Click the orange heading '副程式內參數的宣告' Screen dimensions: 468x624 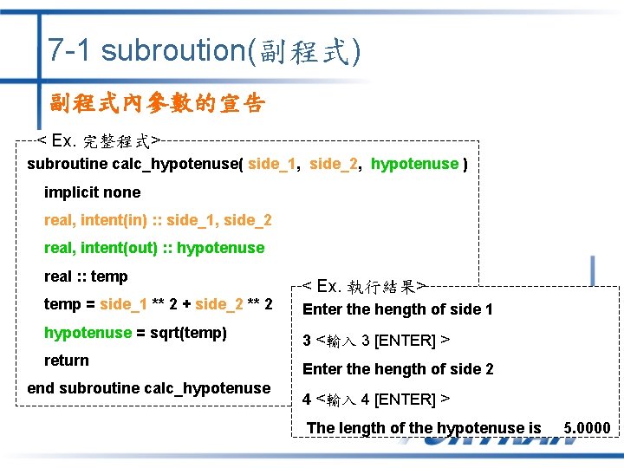157,104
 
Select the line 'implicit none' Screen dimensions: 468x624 92,192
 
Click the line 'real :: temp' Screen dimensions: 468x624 86,276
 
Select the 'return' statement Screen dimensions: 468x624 67,361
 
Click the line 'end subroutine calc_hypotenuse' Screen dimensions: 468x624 148,388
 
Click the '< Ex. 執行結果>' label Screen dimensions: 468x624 363,286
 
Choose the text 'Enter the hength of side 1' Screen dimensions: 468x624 397,309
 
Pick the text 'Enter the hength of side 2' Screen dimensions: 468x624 397,369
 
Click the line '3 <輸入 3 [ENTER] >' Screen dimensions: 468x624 374,341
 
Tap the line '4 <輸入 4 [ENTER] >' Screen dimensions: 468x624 374,400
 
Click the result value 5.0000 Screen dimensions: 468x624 587,428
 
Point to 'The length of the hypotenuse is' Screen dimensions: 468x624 424,428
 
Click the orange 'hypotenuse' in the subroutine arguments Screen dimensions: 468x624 414,164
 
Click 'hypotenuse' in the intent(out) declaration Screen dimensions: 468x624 220,248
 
